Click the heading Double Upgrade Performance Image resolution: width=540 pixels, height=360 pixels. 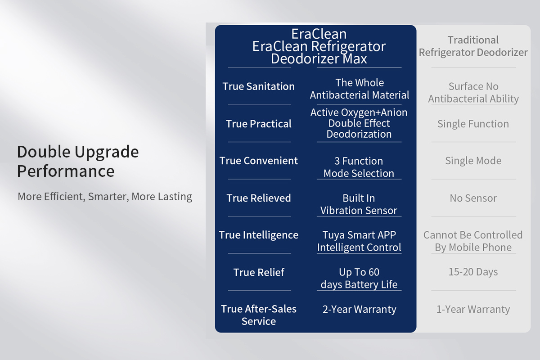(78, 161)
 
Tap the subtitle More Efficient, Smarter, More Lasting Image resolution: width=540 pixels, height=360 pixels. (105, 197)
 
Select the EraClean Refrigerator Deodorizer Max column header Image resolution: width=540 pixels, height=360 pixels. (319, 46)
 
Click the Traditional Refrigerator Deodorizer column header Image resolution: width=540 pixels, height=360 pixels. (473, 46)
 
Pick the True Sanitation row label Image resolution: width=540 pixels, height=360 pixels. (258, 86)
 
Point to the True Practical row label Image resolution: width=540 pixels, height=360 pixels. (259, 124)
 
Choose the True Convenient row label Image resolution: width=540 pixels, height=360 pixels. (259, 161)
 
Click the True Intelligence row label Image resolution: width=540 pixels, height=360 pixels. (259, 235)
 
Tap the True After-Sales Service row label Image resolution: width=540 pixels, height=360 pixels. (259, 315)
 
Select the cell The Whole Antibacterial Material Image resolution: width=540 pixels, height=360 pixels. (360, 89)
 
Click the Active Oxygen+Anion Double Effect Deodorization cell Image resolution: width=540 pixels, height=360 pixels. (359, 123)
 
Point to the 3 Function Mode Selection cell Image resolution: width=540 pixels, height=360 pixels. (359, 167)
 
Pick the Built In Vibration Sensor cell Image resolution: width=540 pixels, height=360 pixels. (359, 204)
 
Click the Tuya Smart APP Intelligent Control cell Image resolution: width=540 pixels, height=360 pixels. (359, 241)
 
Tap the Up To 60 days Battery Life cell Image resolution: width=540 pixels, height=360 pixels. (359, 278)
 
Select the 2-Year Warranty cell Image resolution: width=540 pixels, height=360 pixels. (360, 309)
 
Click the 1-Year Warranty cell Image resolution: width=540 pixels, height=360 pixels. (473, 309)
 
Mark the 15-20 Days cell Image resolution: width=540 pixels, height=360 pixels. (473, 272)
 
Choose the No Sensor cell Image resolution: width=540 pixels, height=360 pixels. (473, 198)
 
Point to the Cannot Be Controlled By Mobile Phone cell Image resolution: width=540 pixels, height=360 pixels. (473, 241)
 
